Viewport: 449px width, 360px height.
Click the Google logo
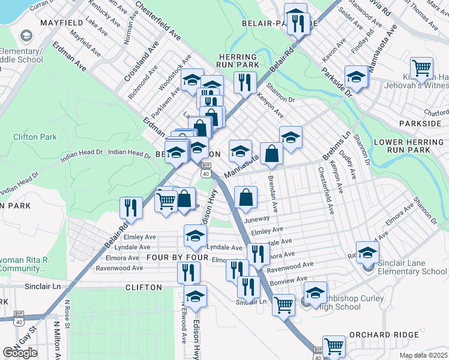pos(20,352)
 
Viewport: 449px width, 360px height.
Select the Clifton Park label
pos(35,137)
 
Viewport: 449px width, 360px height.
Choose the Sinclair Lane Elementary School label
pos(413,271)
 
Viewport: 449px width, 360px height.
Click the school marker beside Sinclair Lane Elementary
pos(367,253)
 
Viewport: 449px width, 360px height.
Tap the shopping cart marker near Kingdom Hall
pos(421,68)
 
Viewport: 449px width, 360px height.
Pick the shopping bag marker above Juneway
pos(246,198)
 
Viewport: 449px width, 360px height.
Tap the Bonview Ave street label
pos(292,279)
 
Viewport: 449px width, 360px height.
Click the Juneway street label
pos(257,220)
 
